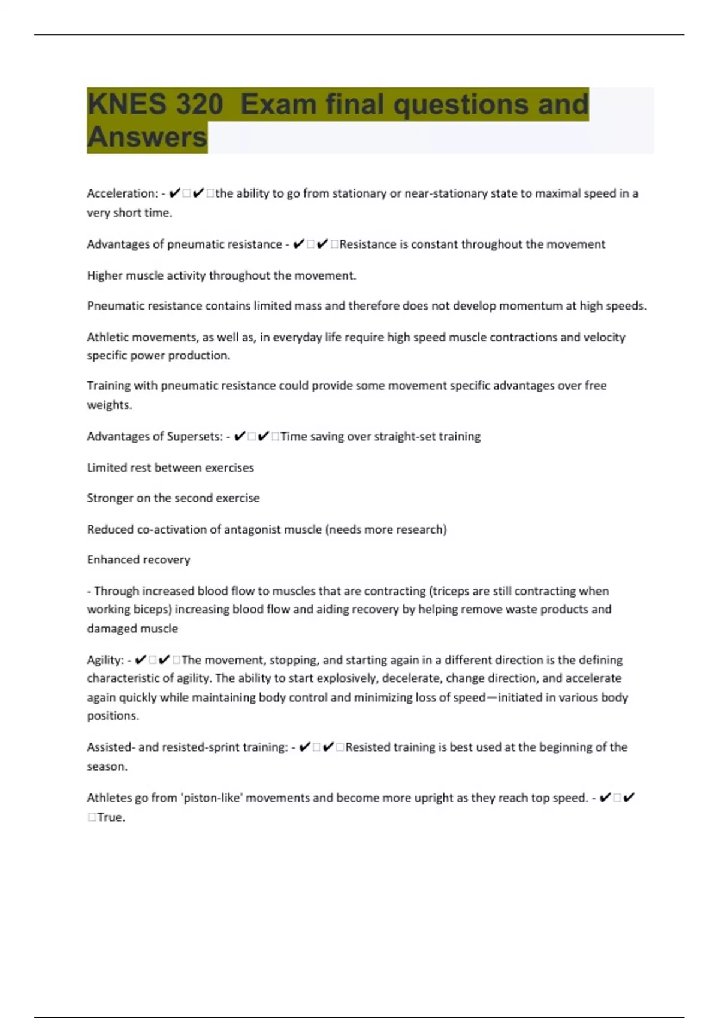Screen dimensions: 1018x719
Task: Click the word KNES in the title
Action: coord(126,104)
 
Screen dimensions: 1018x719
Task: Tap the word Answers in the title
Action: coord(147,137)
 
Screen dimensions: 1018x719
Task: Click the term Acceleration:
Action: coord(122,193)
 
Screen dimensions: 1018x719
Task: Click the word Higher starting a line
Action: coord(104,275)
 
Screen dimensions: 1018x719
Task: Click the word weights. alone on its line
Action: coord(109,405)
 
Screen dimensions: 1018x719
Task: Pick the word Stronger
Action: coord(110,498)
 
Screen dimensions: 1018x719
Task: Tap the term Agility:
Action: coord(105,660)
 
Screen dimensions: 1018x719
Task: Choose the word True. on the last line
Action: coord(111,817)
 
